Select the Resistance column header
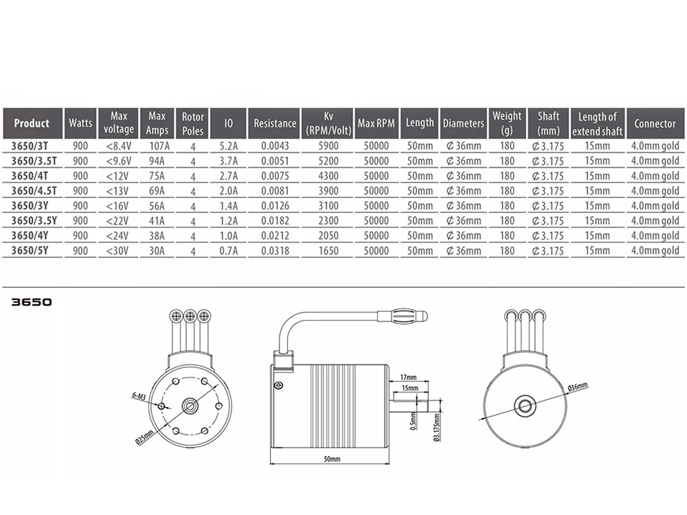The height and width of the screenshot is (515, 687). pos(275,123)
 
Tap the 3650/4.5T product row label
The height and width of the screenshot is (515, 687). pos(34,191)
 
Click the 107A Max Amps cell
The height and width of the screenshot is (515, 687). pos(159,146)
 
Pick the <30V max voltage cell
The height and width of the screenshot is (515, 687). pos(117,250)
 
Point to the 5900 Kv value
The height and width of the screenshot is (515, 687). pos(328,146)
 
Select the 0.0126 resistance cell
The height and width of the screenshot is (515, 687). pos(275,206)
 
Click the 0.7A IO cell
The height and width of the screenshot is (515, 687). pos(228,250)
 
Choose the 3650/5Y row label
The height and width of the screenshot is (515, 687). pos(30,250)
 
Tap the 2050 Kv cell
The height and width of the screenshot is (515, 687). pos(328,236)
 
